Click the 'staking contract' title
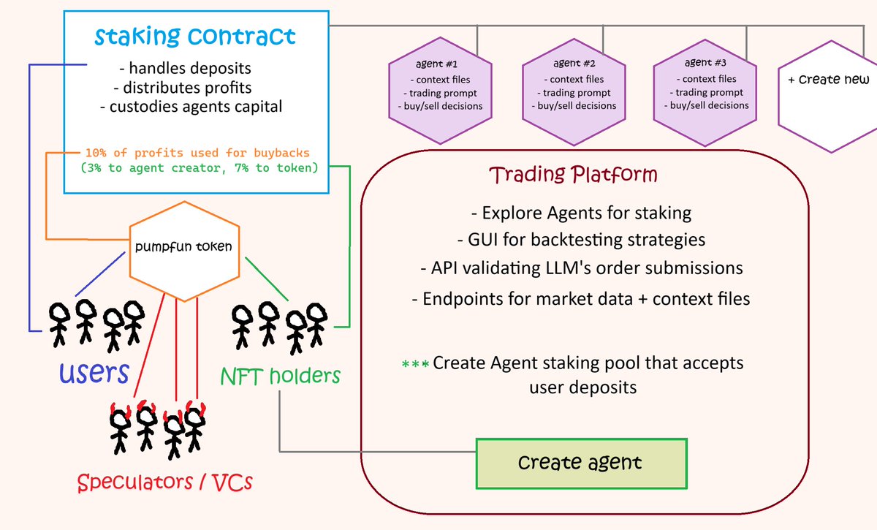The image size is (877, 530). click(x=195, y=36)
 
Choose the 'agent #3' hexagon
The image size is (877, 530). click(x=701, y=86)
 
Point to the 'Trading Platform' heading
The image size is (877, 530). click(x=573, y=175)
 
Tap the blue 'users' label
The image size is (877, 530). click(x=95, y=373)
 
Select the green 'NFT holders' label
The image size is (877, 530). click(x=281, y=376)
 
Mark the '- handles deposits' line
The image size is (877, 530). click(x=185, y=69)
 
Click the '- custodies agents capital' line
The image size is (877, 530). click(x=191, y=107)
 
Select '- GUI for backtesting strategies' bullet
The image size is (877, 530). click(x=581, y=240)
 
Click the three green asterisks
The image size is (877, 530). click(x=415, y=363)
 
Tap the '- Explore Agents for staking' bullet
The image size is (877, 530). click(x=581, y=213)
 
